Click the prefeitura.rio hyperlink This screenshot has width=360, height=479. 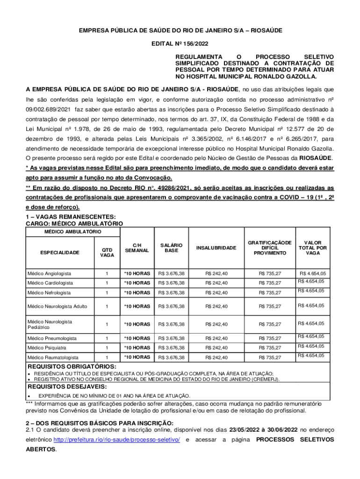pos(117,440)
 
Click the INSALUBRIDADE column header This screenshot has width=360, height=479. pos(216,248)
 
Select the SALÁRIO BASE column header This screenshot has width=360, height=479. pos(171,248)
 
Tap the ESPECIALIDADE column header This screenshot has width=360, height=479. pos(59,253)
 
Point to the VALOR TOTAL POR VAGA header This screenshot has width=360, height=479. pos(312,248)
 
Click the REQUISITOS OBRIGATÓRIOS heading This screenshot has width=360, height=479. pos(70,366)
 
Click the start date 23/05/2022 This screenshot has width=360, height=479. pos(246,429)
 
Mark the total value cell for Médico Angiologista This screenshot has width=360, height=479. pos(313,273)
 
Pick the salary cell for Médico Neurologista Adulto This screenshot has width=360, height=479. pos(171,306)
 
